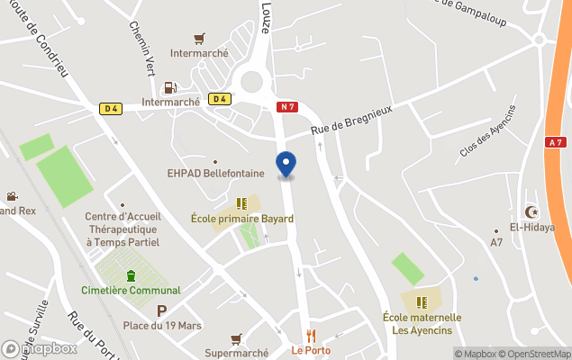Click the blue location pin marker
pos(286,165)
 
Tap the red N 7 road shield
pos(286,107)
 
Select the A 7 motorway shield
pos(556,142)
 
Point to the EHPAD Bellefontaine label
pos(216,173)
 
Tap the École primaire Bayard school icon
pos(241,203)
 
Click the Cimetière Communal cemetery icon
pos(132,274)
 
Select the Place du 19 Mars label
pos(162,325)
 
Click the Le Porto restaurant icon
pos(311,336)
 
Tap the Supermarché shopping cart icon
pos(236,338)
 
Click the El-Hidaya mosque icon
pos(531,211)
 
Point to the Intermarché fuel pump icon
pos(168,88)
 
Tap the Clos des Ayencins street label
pos(487,131)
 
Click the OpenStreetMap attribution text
pos(535,354)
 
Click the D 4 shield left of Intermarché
pos(111,109)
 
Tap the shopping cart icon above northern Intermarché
pos(199,39)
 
